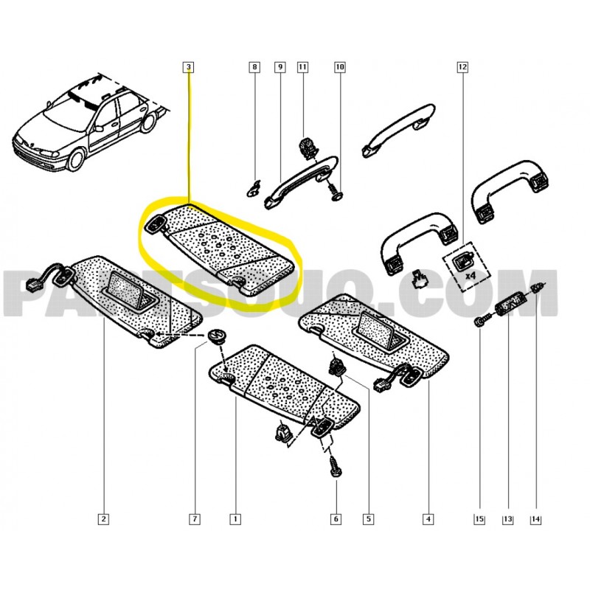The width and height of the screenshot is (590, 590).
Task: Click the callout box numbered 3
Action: click(189, 67)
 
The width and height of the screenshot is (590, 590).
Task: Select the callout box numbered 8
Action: click(254, 67)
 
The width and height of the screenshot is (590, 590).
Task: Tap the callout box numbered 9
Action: click(280, 67)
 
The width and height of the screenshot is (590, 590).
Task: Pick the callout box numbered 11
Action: click(302, 67)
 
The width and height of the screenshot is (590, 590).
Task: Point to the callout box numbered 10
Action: click(340, 67)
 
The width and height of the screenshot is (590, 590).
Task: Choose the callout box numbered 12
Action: click(462, 67)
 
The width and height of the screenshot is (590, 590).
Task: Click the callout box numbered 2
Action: click(103, 519)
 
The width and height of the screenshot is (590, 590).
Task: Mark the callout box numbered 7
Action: click(195, 519)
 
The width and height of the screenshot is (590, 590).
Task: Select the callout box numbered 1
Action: click(235, 519)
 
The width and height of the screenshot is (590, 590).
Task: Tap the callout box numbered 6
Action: click(336, 519)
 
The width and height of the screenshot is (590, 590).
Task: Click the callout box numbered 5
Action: click(368, 519)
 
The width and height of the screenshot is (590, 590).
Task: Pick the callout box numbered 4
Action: click(428, 519)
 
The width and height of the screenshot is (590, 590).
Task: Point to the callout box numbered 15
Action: click(479, 519)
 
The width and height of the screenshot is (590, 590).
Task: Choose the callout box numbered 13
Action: click(507, 519)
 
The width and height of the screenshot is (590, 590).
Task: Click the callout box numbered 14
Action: click(536, 519)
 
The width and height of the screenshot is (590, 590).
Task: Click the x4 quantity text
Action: click(471, 276)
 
